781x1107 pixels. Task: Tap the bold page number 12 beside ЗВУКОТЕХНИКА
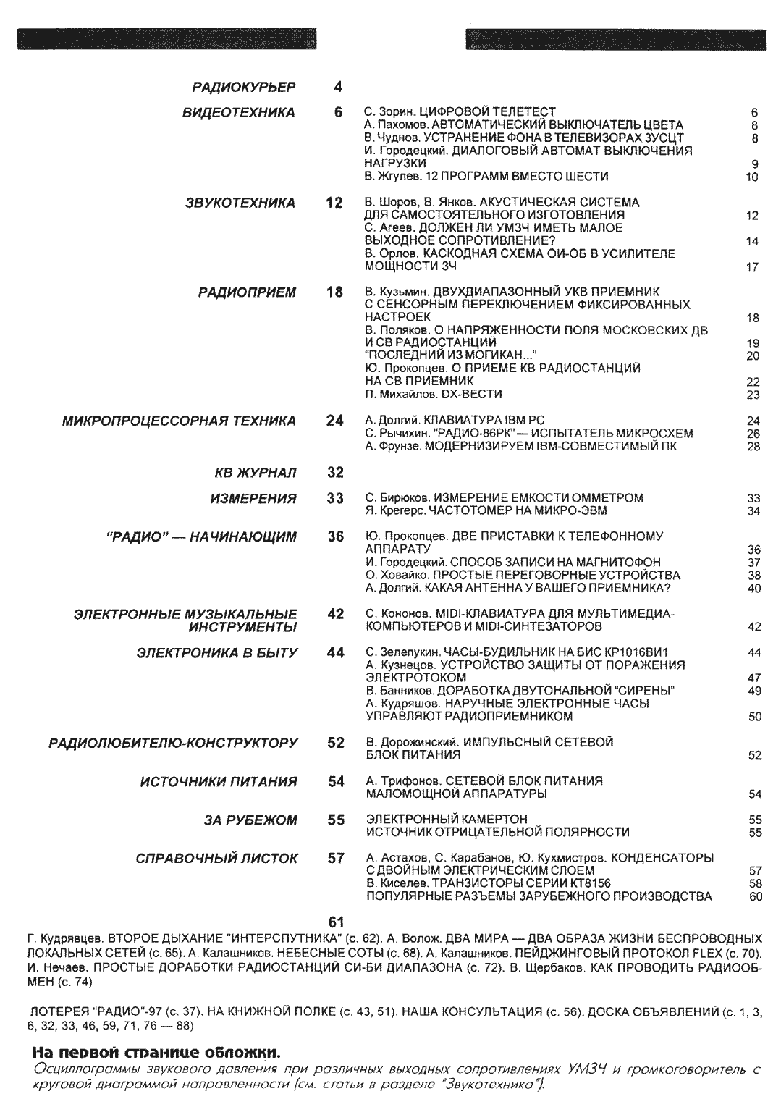[x=334, y=203]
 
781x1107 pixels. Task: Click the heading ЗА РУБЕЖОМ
[x=250, y=820]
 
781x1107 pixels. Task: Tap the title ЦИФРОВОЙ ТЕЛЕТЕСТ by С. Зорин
[x=487, y=111]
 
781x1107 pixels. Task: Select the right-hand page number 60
[x=755, y=896]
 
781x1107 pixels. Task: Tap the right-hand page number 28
[x=753, y=446]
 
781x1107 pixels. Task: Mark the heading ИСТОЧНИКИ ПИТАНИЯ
[x=218, y=782]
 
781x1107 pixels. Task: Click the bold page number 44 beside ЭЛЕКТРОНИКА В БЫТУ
[x=335, y=652]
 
